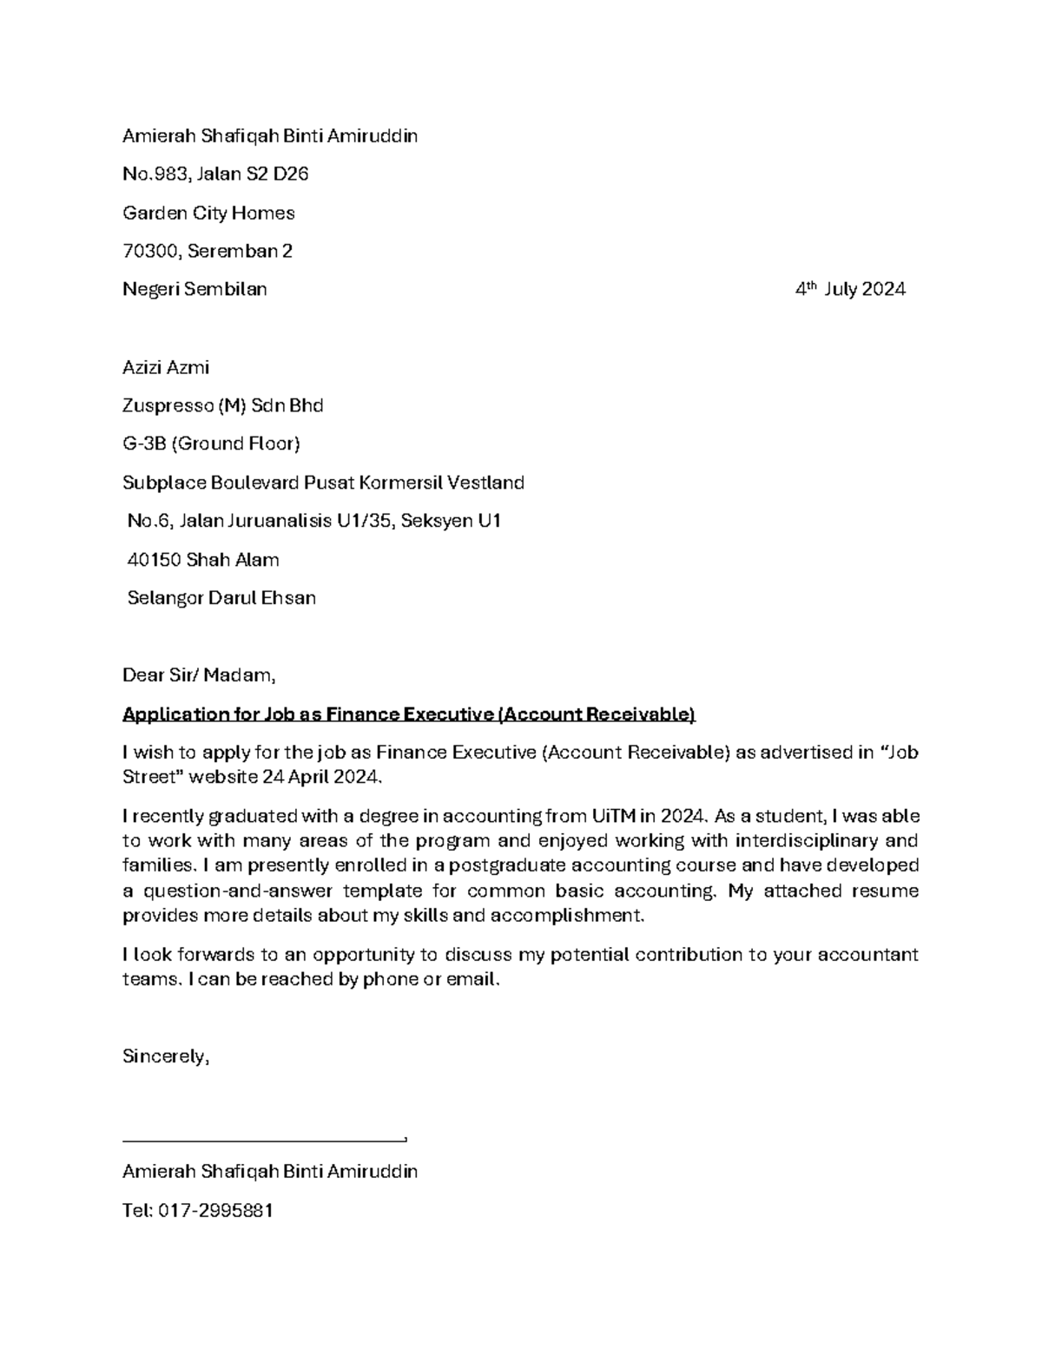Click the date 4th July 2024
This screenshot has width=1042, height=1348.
point(850,290)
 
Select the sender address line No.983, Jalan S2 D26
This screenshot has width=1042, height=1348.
point(215,174)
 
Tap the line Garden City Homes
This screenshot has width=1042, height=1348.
point(208,213)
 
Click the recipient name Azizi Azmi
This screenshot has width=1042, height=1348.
point(166,367)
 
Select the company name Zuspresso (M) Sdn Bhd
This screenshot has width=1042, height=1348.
point(222,405)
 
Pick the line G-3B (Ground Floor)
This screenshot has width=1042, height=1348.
point(211,444)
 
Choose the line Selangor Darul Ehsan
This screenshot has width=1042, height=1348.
point(221,598)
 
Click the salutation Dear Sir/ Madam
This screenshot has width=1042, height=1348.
point(199,675)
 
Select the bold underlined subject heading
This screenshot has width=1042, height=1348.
point(409,714)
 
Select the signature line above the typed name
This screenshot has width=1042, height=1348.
point(265,1139)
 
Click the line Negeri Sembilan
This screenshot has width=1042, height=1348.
point(195,290)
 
